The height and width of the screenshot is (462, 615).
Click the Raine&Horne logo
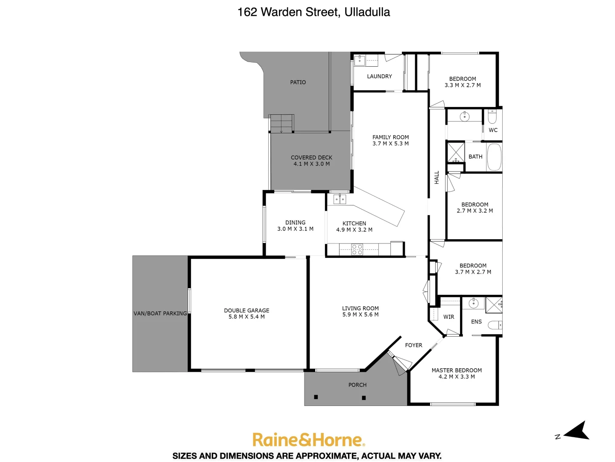pyautogui.click(x=308, y=440)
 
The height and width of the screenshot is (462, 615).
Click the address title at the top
pyautogui.click(x=313, y=12)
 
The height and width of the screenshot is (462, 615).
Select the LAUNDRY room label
pyautogui.click(x=379, y=77)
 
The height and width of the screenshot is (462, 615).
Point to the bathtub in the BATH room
pyautogui.click(x=494, y=157)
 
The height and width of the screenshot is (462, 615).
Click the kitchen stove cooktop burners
pyautogui.click(x=357, y=249)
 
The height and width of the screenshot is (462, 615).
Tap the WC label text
pyautogui.click(x=493, y=130)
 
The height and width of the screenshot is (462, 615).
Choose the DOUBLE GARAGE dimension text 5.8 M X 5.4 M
pyautogui.click(x=246, y=317)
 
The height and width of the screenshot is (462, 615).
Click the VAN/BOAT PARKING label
pyautogui.click(x=160, y=314)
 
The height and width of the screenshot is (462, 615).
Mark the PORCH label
pyautogui.click(x=357, y=385)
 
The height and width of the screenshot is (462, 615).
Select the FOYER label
pyautogui.click(x=413, y=345)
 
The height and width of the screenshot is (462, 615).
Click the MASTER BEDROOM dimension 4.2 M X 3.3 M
pyautogui.click(x=457, y=377)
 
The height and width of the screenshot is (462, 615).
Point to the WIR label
pyautogui.click(x=448, y=317)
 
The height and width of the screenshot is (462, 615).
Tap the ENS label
pyautogui.click(x=476, y=322)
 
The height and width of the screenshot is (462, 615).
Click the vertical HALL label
pyautogui.click(x=436, y=178)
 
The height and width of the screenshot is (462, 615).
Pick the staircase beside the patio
pyautogui.click(x=281, y=123)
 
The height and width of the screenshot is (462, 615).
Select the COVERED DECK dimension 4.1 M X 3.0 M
pyautogui.click(x=311, y=164)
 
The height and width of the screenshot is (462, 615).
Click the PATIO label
pyautogui.click(x=298, y=82)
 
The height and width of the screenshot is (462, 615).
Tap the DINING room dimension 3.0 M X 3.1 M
pyautogui.click(x=295, y=229)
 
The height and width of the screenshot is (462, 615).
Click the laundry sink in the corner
pyautogui.click(x=360, y=61)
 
